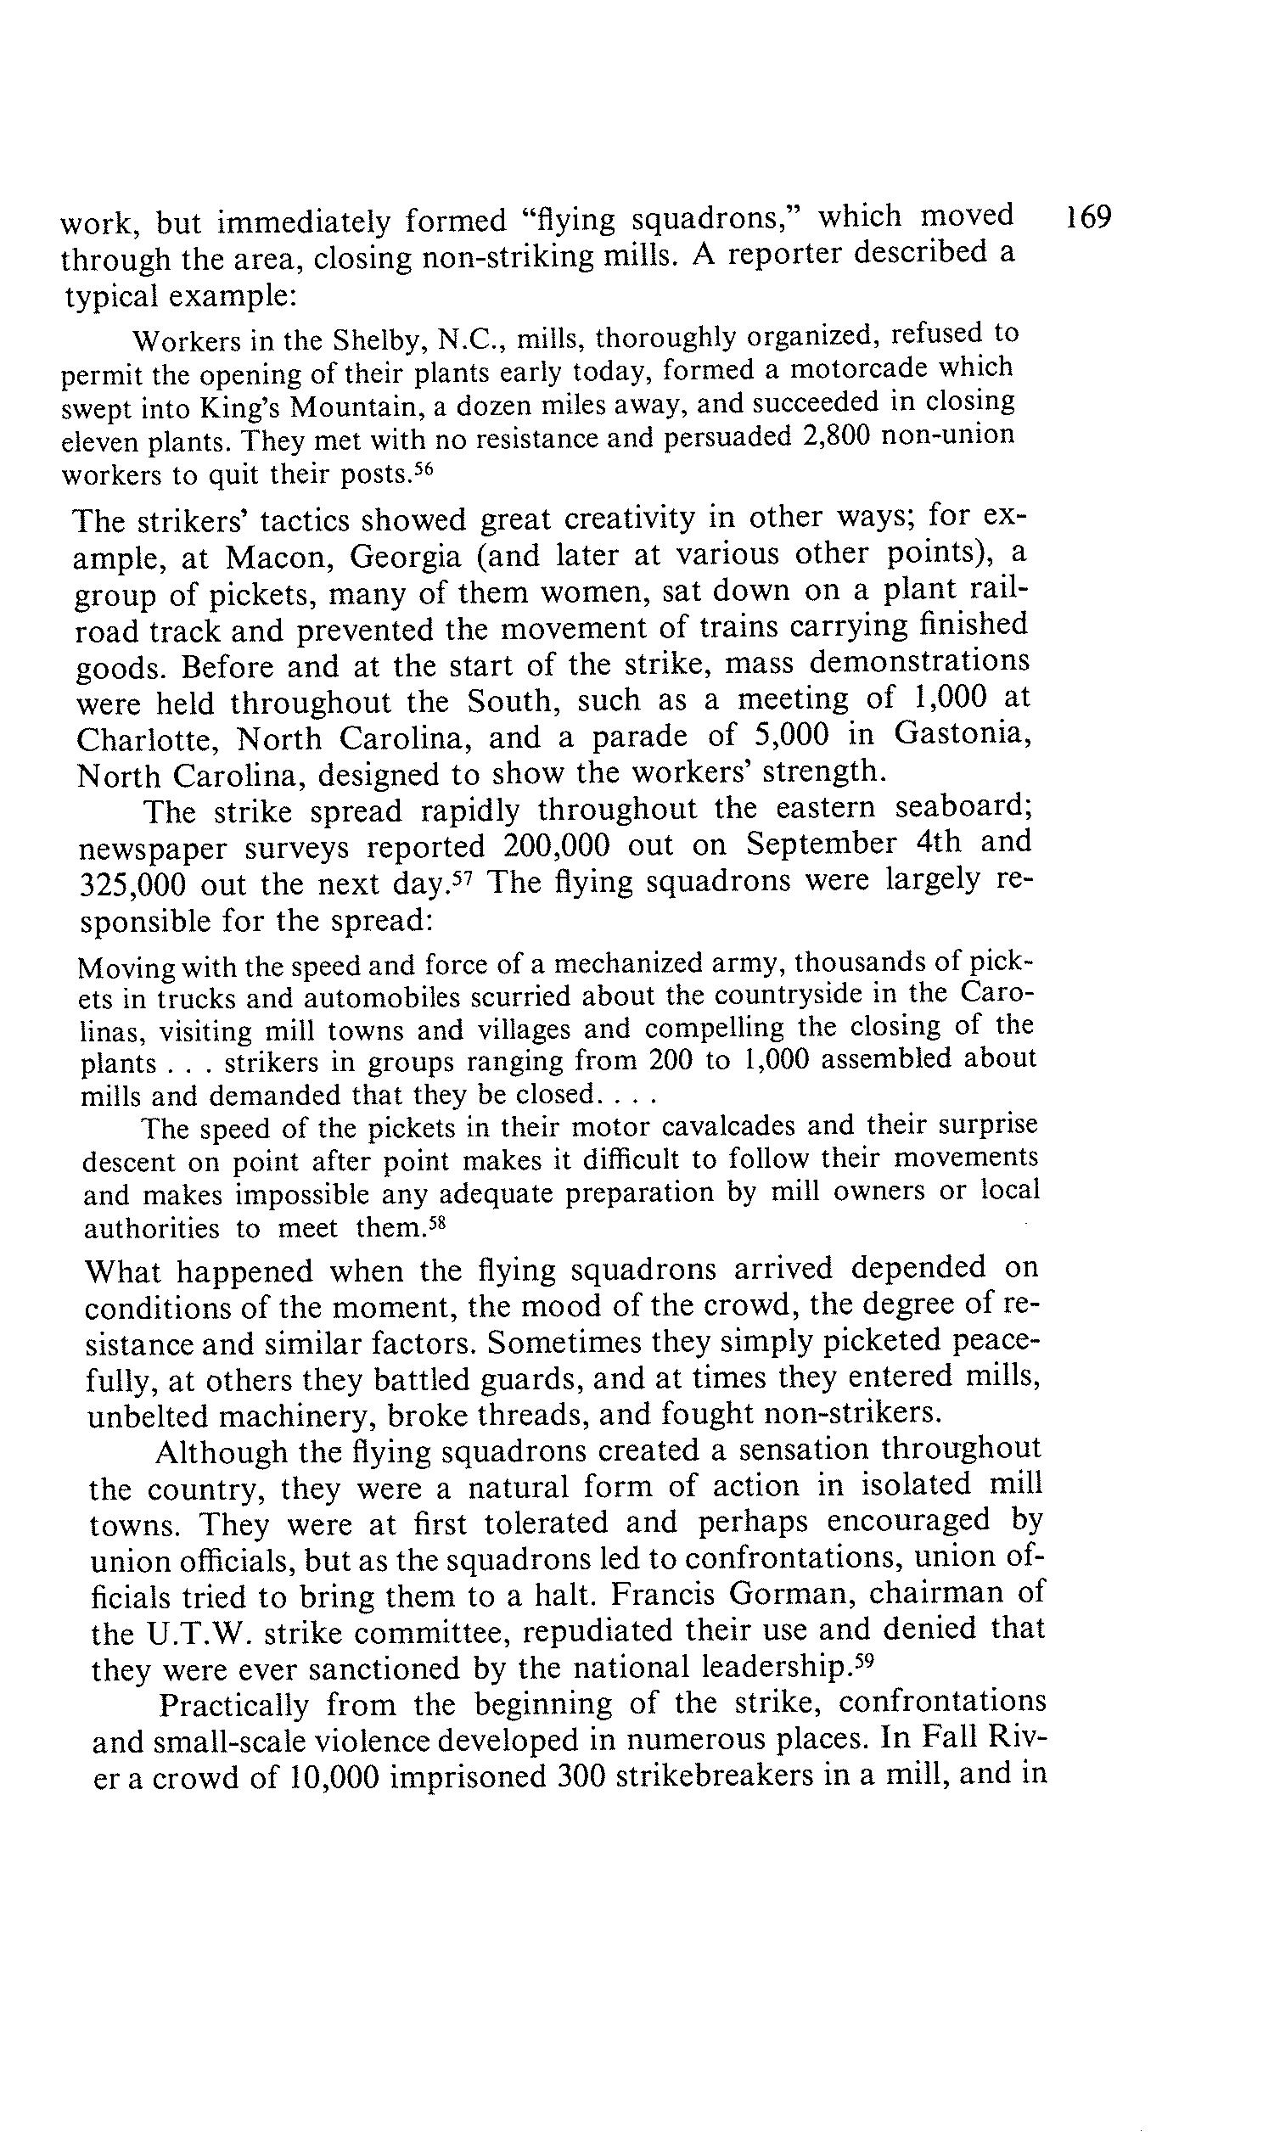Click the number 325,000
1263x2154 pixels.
[x=132, y=883]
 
